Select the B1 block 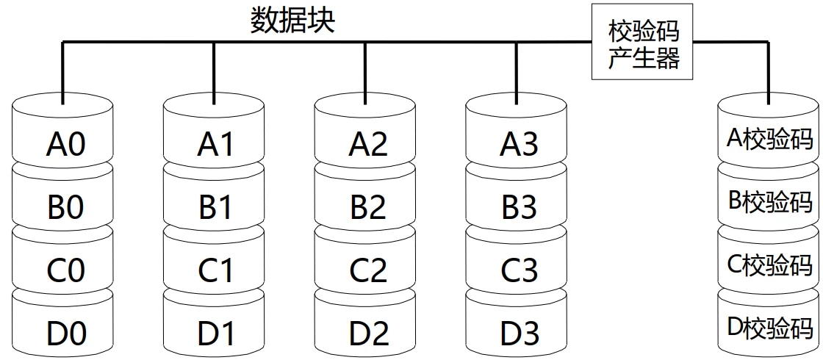coord(215,208)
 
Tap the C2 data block coord(367,271)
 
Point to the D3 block coord(518,334)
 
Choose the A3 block coord(518,143)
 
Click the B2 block coord(367,208)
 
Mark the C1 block coord(215,271)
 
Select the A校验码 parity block coord(769,139)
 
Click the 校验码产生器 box coord(643,45)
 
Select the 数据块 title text coord(292,20)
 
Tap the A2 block coord(367,143)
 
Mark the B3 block coord(518,208)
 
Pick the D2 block coord(367,334)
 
